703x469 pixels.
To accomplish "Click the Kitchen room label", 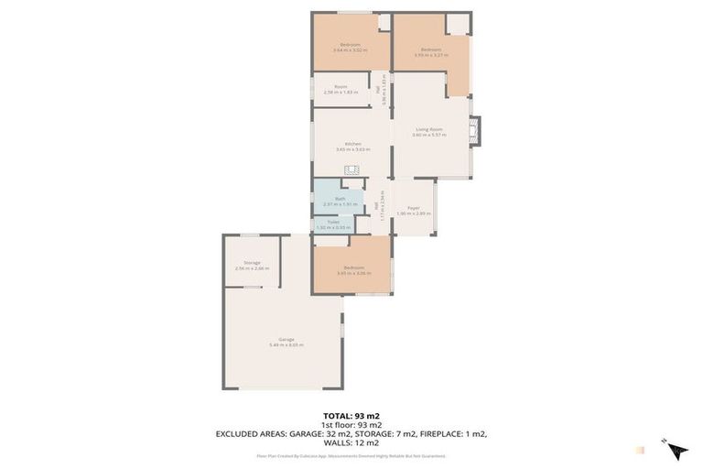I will click(352, 143).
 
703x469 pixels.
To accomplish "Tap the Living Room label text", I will click(428, 129).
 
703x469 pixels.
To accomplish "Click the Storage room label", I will click(252, 263).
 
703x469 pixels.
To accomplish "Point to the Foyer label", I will click(414, 208).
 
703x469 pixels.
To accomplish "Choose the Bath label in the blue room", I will click(340, 198).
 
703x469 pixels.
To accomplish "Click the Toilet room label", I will click(333, 222).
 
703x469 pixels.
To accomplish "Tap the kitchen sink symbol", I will click(352, 169).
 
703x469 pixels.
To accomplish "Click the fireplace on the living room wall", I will click(474, 131).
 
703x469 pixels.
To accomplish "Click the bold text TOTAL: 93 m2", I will click(351, 416).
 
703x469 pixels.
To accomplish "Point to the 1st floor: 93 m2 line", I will click(351, 425).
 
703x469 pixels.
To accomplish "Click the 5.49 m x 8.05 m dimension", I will click(286, 344).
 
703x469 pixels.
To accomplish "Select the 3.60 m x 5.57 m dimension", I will click(428, 135).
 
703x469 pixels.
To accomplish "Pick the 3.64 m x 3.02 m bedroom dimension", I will click(350, 50).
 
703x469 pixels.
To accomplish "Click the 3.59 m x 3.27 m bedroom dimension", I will click(430, 55).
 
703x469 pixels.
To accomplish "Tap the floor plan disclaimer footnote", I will click(351, 455).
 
